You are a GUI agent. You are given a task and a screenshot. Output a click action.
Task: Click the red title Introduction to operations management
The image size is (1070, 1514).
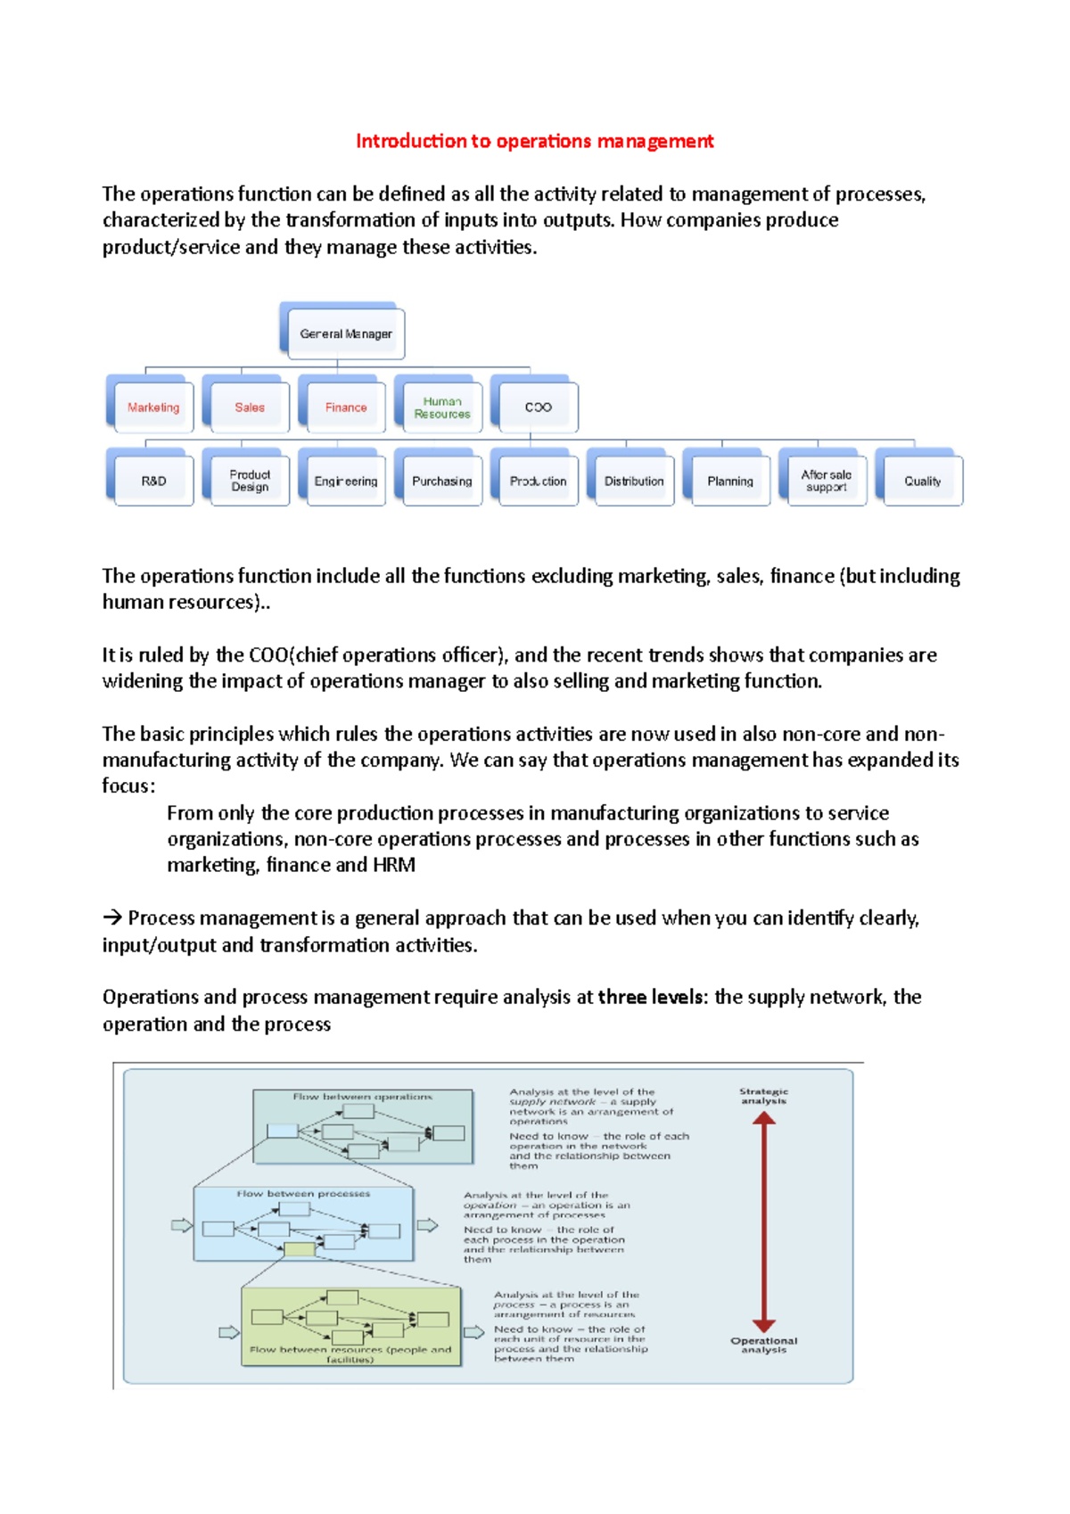coord(534,141)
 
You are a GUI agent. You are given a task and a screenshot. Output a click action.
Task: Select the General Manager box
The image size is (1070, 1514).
coord(345,333)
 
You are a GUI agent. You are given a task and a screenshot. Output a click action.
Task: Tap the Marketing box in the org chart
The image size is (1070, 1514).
coord(152,407)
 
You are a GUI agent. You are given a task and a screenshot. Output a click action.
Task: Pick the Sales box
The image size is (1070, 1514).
coord(249,407)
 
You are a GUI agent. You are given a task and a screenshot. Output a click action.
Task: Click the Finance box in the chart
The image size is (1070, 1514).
coord(345,407)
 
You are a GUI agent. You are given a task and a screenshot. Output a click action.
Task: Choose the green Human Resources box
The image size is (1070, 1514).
coord(441,407)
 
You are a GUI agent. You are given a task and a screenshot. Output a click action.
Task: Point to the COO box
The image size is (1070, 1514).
coord(538,407)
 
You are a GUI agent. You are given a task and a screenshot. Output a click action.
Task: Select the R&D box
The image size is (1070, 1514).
coord(152,481)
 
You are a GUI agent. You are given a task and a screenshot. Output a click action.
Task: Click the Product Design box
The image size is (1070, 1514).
coord(249,481)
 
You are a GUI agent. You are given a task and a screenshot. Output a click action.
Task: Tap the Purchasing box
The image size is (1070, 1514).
coord(441,481)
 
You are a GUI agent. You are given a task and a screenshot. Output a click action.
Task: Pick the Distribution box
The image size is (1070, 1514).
coord(634,481)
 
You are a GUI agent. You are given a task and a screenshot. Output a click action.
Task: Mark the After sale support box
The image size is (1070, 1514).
coord(826,481)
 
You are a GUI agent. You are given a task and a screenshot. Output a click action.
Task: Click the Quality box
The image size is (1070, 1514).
coord(922,481)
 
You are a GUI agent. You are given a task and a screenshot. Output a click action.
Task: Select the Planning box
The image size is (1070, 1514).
coord(729,481)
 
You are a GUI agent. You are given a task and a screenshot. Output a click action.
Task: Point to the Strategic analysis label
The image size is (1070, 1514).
coord(763,1096)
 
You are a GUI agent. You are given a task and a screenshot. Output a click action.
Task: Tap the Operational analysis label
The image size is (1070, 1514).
coord(763,1345)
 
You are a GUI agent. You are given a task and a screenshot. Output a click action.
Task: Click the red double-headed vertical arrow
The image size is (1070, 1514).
coord(763,1222)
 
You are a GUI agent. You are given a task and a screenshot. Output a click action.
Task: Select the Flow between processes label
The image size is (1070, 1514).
coord(303,1193)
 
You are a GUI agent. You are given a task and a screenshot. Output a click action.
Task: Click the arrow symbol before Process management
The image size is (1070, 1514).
coord(111,918)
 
